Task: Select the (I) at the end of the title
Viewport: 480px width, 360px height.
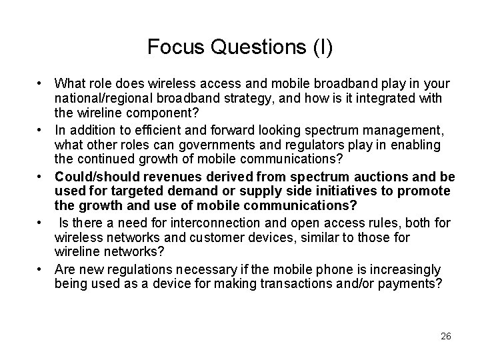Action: coord(321,47)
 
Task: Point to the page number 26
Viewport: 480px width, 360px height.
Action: coord(445,335)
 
